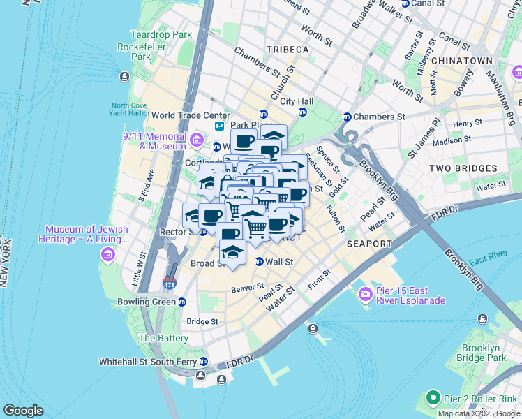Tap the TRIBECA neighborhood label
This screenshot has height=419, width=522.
(287, 50)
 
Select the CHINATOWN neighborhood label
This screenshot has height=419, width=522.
(462, 61)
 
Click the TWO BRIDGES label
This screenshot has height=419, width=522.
(463, 168)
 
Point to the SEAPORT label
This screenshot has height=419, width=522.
(368, 244)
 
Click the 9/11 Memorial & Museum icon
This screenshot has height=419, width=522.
(197, 141)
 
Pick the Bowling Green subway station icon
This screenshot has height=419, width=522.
(182, 302)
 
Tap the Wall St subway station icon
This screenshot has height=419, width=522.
(260, 262)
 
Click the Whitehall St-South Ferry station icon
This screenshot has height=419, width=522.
(204, 362)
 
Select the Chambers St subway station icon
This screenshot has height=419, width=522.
(347, 117)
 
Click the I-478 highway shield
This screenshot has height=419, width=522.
(169, 284)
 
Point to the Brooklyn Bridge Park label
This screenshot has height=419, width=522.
(481, 352)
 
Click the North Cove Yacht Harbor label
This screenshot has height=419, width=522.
(130, 110)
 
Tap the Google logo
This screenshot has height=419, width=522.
(24, 411)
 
